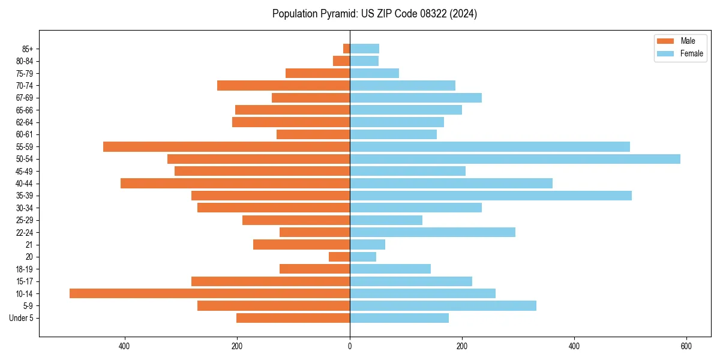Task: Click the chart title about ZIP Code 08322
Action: pos(374,14)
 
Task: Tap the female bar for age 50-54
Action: pos(515,159)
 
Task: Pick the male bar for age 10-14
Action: pos(209,293)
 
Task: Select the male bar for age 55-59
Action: pos(226,146)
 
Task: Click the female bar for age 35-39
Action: pos(490,196)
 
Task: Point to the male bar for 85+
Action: pos(347,49)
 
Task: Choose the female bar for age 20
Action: pos(363,257)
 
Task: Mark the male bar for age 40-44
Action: pos(235,183)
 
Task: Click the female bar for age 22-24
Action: pos(432,232)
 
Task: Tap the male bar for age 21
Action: pos(301,245)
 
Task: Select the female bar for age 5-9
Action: pos(443,306)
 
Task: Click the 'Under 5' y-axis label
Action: pos(21,318)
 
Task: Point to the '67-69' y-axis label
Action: pos(25,98)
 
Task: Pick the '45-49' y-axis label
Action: pos(25,171)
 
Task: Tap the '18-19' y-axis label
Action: pos(25,269)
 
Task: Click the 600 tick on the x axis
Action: pos(686,346)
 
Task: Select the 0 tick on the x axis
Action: pos(350,346)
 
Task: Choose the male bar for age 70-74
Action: pos(283,85)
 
